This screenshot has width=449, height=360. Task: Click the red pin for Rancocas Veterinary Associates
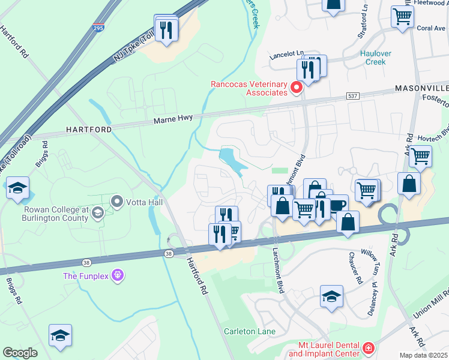tap(296, 89)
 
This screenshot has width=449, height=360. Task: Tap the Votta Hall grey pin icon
tap(117, 202)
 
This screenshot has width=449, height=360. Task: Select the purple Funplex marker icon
tap(117, 276)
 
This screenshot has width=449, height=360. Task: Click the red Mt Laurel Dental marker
tap(368, 348)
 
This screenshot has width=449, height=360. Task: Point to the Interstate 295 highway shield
tap(98, 28)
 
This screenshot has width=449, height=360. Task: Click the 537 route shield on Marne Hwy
tap(352, 96)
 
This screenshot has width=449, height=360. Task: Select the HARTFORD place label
tap(88, 130)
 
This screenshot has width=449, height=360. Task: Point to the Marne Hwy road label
tap(173, 119)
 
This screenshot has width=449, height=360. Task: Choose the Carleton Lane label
tap(250, 331)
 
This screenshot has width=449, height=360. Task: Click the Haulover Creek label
tap(375, 58)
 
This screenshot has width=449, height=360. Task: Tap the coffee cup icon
tap(337, 205)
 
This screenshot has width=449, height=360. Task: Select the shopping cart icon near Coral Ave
tap(402, 16)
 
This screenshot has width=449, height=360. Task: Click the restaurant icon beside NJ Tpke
tap(166, 29)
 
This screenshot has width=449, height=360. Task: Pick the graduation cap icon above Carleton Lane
tap(331, 296)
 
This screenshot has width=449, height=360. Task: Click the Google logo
tap(20, 353)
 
